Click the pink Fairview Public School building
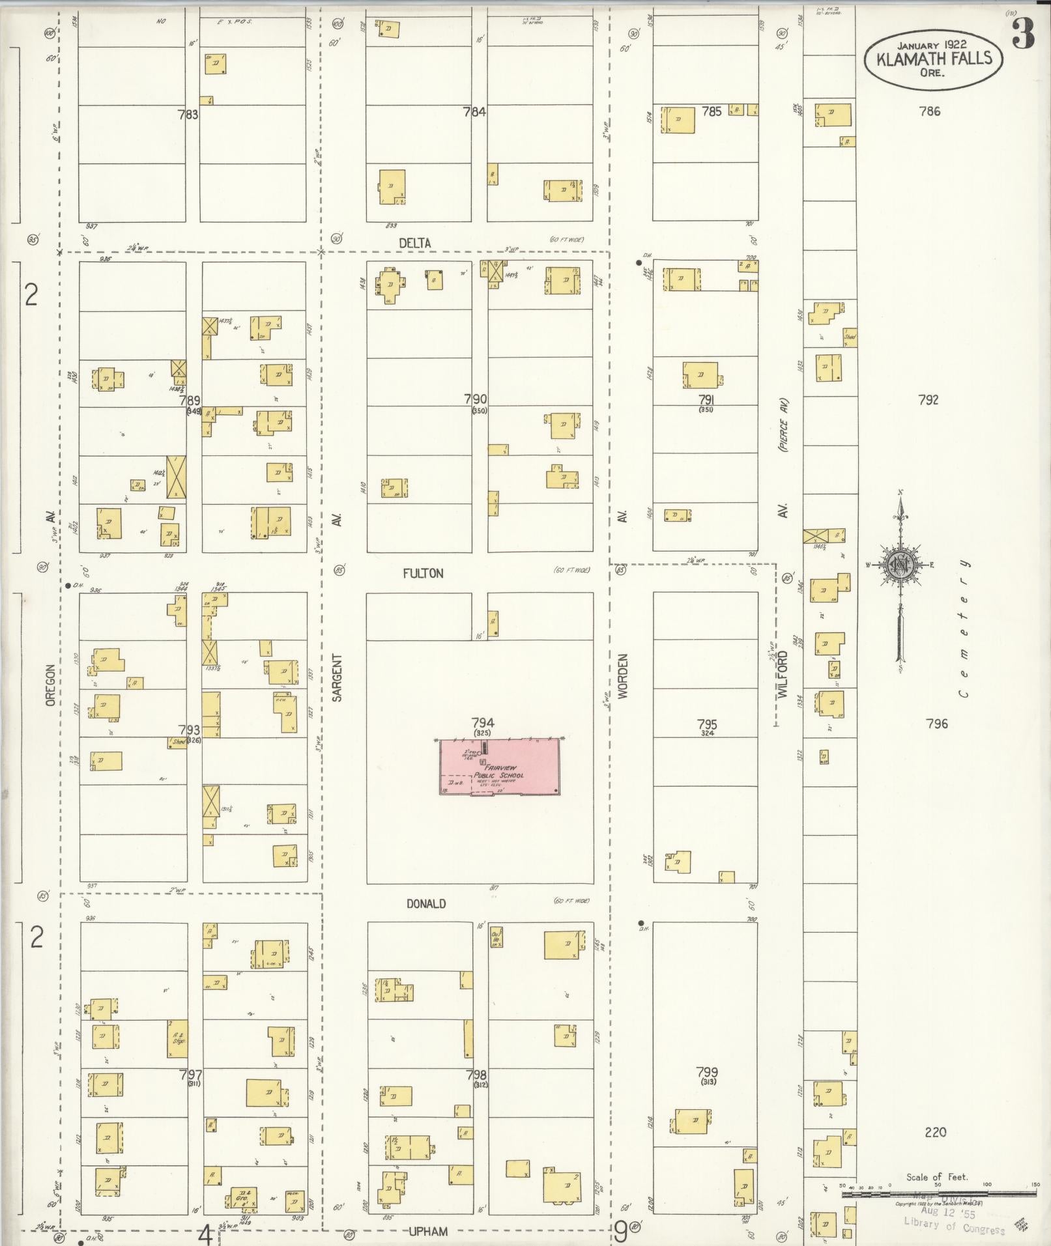pyautogui.click(x=499, y=767)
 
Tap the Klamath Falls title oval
pyautogui.click(x=933, y=59)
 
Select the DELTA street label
pyautogui.click(x=415, y=243)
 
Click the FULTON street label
pyautogui.click(x=423, y=573)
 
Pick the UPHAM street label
pyautogui.click(x=428, y=1231)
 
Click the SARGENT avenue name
pyautogui.click(x=337, y=677)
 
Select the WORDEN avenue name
pyautogui.click(x=623, y=677)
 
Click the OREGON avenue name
pyautogui.click(x=50, y=685)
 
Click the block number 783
pyautogui.click(x=188, y=115)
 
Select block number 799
pyautogui.click(x=707, y=1071)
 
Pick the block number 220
pyautogui.click(x=935, y=1132)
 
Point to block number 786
pyautogui.click(x=930, y=111)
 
